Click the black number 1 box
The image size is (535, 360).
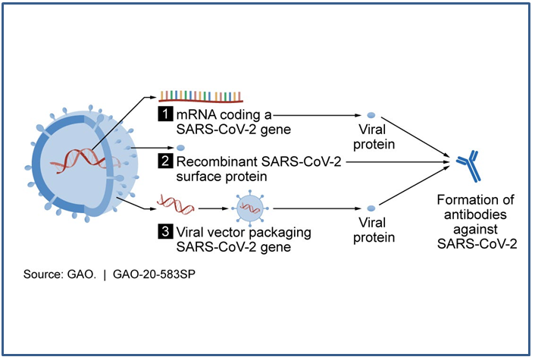point(164,115)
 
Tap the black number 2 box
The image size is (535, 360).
point(164,161)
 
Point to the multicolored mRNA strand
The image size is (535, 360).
point(200,95)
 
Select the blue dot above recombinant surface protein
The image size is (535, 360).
point(180,148)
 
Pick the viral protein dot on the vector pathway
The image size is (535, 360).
point(371,208)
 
